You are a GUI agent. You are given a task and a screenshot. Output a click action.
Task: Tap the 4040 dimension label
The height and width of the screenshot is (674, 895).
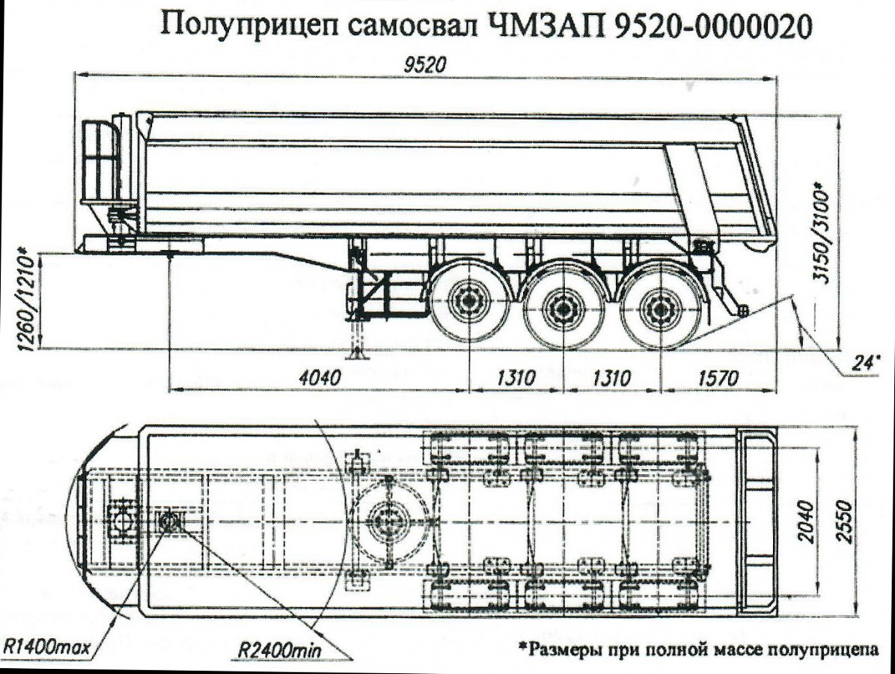[x=320, y=377]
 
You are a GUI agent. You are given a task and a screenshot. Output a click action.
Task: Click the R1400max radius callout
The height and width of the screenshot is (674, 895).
[x=46, y=646]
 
